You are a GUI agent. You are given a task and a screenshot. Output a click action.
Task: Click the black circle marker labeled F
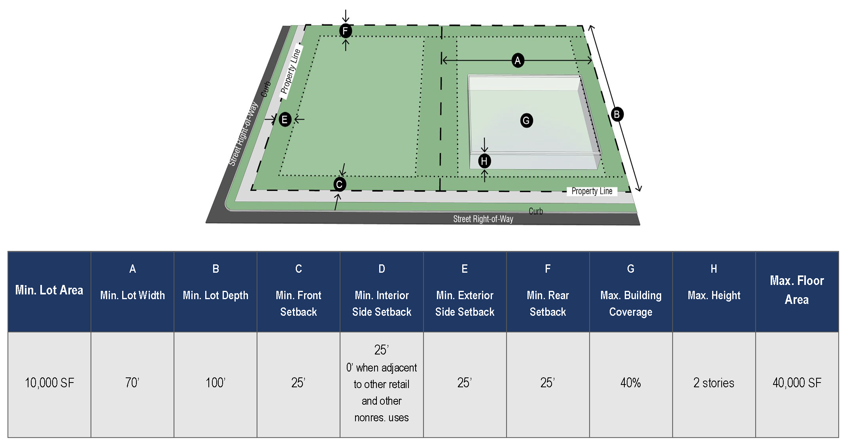pos(345,31)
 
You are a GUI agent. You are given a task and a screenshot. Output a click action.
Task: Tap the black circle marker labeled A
pos(518,60)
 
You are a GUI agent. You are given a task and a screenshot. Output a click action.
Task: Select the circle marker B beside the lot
pos(616,115)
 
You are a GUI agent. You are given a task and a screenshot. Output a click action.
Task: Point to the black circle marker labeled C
pos(339,184)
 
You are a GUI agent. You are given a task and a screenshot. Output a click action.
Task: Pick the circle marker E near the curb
pos(285,119)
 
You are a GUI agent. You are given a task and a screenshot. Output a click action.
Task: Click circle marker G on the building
pos(526,121)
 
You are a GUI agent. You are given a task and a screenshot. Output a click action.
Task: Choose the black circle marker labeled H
pos(484,161)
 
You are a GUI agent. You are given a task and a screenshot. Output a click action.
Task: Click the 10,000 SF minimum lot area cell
pos(49,383)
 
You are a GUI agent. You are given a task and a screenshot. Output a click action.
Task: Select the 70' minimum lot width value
pos(132,383)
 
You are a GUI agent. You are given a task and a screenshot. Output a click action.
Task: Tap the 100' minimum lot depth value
pos(216,383)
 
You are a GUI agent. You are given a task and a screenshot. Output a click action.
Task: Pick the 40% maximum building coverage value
pos(631,383)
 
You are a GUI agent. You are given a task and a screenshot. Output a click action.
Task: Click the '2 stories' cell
pos(714,383)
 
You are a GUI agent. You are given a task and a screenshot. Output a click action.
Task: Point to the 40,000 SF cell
pos(797,383)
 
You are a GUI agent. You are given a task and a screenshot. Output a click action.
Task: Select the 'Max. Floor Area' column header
pos(797,290)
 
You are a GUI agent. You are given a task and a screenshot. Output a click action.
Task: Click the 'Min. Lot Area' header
pos(49,290)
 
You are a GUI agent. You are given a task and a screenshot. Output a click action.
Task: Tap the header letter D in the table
pos(382,269)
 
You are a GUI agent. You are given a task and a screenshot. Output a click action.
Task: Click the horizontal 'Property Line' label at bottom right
pos(592,191)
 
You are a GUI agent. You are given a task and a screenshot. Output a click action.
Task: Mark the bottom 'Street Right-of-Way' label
pos(483,219)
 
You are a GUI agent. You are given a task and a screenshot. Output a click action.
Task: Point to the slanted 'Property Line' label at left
pos(291,71)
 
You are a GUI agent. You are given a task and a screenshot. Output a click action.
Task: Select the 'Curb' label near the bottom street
pos(536,211)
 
